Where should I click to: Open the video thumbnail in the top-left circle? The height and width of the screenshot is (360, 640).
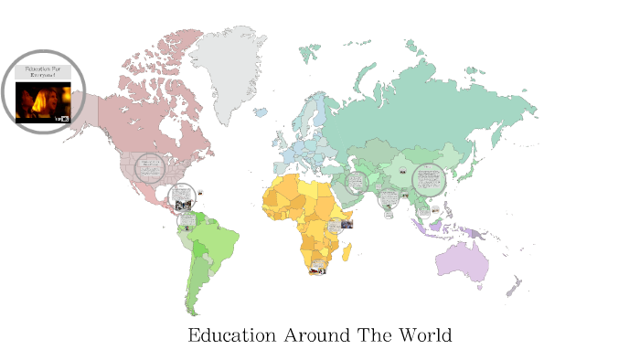coord(43,102)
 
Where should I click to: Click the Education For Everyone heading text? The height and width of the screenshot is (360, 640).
coord(43,71)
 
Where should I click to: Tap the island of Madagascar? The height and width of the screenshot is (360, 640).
coord(348,249)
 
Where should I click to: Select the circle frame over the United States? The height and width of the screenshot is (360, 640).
coord(151,168)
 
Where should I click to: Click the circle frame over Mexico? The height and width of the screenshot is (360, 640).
coord(181,195)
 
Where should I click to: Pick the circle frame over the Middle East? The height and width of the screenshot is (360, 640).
coord(357,183)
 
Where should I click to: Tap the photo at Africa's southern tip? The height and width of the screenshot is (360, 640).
coord(317,268)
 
